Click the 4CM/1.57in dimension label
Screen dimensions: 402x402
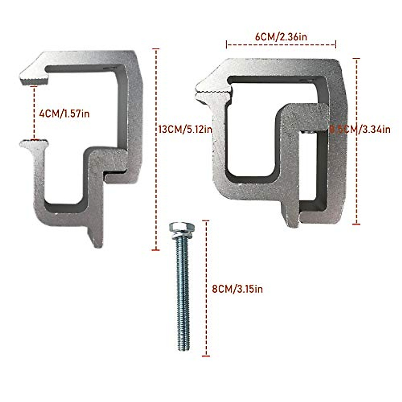64,114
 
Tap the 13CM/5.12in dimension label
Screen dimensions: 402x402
185,129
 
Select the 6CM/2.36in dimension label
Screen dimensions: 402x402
281,37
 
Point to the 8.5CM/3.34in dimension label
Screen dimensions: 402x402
360,129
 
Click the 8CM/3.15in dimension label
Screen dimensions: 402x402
237,289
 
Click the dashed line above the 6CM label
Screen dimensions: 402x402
281,44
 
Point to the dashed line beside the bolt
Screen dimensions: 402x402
206,288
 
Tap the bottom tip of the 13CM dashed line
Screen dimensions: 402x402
155,250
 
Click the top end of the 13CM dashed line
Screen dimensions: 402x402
155,49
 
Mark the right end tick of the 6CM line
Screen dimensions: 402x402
336,44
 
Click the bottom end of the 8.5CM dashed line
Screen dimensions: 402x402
356,223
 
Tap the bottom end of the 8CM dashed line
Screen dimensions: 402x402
206,355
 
